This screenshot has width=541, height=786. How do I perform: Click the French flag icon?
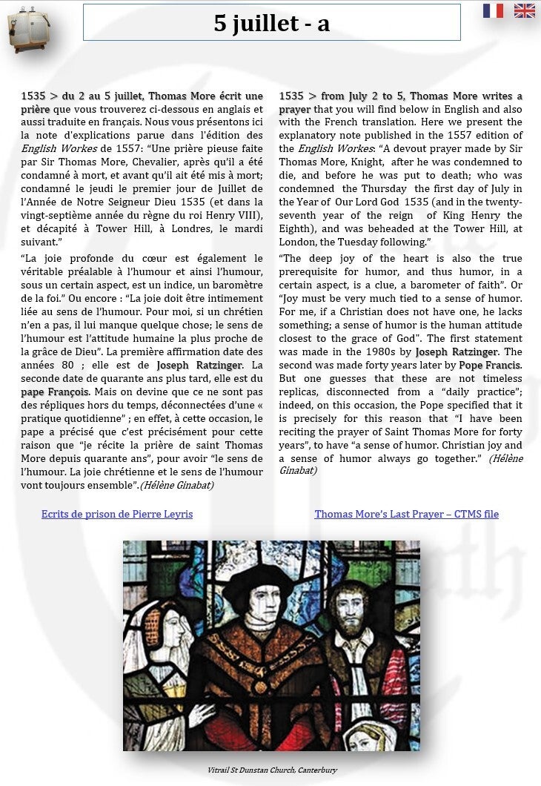pyautogui.click(x=493, y=10)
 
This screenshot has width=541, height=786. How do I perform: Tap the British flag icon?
pyautogui.click(x=525, y=10)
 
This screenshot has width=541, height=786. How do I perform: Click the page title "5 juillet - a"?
pyautogui.click(x=271, y=23)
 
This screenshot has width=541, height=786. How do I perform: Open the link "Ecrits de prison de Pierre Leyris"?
pyautogui.click(x=117, y=514)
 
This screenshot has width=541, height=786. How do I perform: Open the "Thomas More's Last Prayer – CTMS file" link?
pyautogui.click(x=407, y=514)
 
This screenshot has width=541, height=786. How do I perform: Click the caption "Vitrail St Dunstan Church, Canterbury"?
pyautogui.click(x=272, y=770)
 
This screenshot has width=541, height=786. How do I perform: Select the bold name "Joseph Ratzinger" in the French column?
pyautogui.click(x=199, y=365)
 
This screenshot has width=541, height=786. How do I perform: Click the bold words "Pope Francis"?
pyautogui.click(x=491, y=365)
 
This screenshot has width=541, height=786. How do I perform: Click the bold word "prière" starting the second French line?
pyautogui.click(x=36, y=109)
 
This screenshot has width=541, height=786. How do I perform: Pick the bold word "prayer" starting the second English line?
pyautogui.click(x=294, y=109)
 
